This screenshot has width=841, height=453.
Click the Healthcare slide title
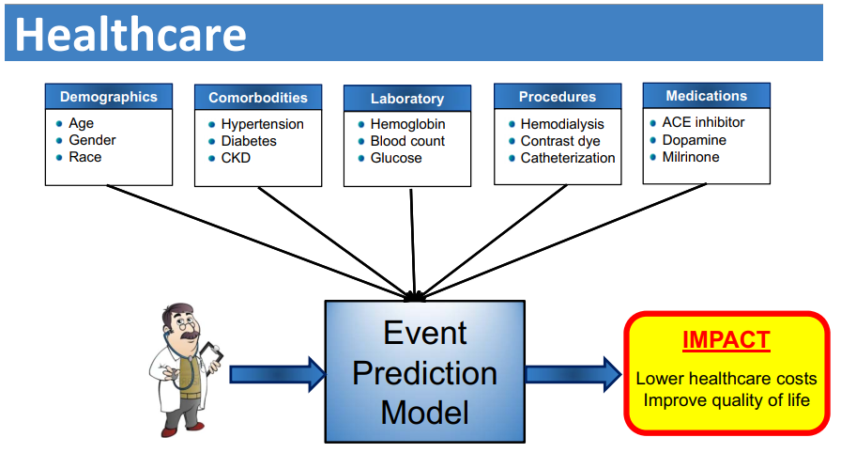click(x=130, y=35)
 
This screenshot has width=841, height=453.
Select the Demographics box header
click(x=109, y=97)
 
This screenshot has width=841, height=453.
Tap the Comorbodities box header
click(x=258, y=98)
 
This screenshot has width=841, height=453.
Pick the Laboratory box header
click(x=407, y=99)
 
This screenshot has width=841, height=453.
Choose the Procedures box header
click(x=558, y=97)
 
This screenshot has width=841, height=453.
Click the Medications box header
click(x=707, y=96)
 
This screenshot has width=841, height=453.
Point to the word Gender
click(x=92, y=140)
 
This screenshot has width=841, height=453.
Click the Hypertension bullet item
click(x=262, y=124)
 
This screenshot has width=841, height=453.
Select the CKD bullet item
click(x=236, y=158)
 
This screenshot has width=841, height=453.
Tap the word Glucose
click(x=396, y=158)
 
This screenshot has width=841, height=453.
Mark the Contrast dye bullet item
click(x=560, y=141)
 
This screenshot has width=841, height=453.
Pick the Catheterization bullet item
click(x=568, y=158)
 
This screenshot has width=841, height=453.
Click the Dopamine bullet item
click(x=694, y=140)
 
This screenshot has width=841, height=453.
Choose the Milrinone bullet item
click(x=691, y=157)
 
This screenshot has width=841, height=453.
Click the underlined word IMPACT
click(x=726, y=340)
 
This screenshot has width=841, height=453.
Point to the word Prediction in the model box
click(x=425, y=373)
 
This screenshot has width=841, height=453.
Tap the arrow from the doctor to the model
click(x=277, y=374)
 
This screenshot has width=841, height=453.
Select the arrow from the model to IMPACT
click(x=573, y=374)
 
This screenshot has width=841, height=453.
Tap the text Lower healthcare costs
click(x=726, y=379)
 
